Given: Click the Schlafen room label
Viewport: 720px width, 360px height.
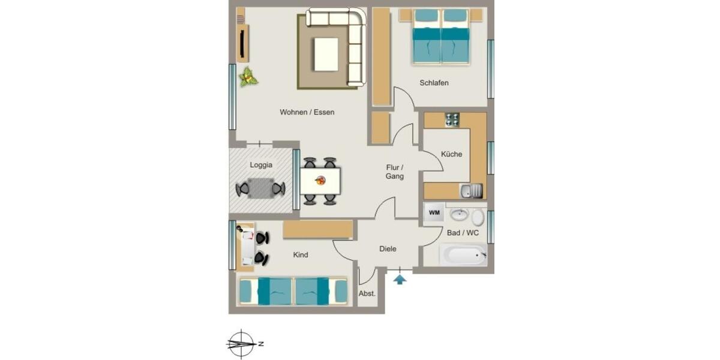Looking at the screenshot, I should (x=434, y=83).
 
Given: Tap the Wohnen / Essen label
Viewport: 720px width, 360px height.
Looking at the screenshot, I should (x=307, y=112).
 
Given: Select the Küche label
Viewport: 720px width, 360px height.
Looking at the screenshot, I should (x=451, y=154).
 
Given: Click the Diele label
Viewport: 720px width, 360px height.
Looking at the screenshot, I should (x=388, y=249).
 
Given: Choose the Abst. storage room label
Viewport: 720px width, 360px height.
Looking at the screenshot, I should (x=367, y=293).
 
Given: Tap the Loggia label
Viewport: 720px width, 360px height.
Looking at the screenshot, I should (x=261, y=165).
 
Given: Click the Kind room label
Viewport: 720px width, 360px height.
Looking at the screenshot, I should (x=301, y=255).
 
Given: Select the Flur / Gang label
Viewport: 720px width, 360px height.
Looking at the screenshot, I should (x=395, y=172).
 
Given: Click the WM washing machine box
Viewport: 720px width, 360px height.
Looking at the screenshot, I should (x=434, y=213).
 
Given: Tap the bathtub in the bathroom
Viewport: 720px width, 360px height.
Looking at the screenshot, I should (x=463, y=254).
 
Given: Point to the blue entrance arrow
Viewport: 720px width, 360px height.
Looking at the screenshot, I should (x=400, y=278).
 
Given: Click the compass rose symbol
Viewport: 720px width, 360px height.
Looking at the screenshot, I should (x=241, y=344).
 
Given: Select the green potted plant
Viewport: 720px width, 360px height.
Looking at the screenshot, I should (x=247, y=77).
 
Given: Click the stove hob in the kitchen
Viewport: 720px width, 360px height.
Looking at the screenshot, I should (x=452, y=119).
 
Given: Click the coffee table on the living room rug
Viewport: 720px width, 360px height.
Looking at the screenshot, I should (x=326, y=55).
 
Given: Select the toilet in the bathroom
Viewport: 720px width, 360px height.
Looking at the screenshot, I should (x=478, y=217).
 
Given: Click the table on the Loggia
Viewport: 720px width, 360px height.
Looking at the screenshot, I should (x=260, y=188).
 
